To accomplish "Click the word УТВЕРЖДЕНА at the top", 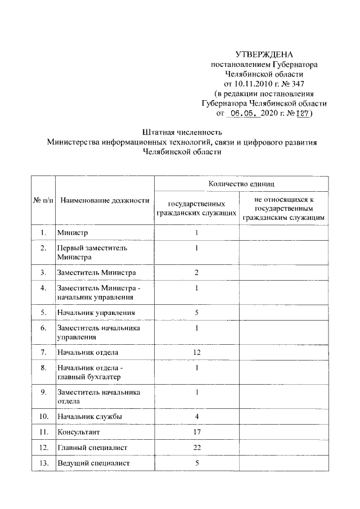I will (x=264, y=55).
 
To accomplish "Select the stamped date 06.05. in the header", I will (x=244, y=113).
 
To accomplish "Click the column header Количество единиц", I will (x=241, y=183).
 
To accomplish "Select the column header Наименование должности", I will (x=105, y=200).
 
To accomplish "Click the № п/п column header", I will (x=43, y=200).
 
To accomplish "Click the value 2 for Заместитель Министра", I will (x=197, y=273).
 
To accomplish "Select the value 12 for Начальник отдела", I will (x=197, y=352).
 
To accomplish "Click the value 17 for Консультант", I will (x=197, y=432).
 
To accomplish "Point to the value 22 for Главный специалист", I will (x=197, y=448).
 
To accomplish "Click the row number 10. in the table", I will (x=43, y=416).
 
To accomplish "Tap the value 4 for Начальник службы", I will (x=197, y=416).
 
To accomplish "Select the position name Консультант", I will (x=78, y=432).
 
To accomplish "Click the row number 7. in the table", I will (x=43, y=352).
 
